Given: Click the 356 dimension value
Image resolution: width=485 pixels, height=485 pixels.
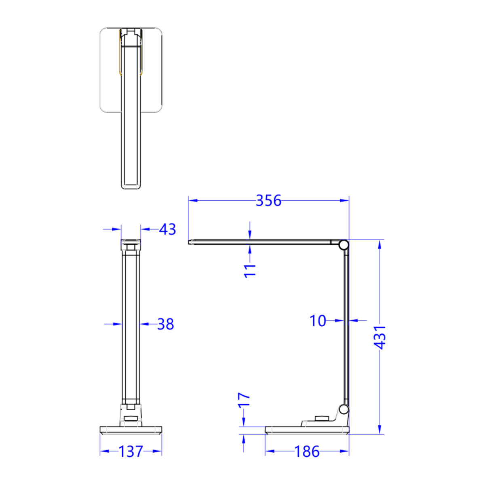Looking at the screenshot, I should click(x=268, y=200).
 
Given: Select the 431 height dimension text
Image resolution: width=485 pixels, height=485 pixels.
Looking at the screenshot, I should click(x=380, y=337).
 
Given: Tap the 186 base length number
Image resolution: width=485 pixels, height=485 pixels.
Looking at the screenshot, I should click(x=307, y=451).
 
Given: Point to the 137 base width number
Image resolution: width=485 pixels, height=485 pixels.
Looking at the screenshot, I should click(x=131, y=451).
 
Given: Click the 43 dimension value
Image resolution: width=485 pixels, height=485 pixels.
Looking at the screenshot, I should click(x=167, y=229).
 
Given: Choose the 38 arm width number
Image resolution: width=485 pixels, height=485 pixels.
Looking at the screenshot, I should click(x=165, y=324).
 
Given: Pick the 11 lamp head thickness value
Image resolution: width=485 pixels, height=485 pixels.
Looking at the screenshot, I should click(x=251, y=270).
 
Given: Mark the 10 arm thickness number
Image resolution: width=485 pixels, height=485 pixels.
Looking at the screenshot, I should click(x=318, y=321).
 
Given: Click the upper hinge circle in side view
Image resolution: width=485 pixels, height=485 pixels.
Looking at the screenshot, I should click(x=344, y=245).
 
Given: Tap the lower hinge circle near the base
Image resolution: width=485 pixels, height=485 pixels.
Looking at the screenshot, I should click(x=344, y=409).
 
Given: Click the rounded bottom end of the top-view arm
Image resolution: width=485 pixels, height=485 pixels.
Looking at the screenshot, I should click(x=131, y=186).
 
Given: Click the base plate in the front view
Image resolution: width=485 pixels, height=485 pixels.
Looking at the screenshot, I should click(x=131, y=430).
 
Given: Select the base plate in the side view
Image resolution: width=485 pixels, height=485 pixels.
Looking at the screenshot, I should click(x=307, y=430).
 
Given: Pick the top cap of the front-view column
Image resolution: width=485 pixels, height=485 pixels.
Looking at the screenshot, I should click(x=131, y=244).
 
